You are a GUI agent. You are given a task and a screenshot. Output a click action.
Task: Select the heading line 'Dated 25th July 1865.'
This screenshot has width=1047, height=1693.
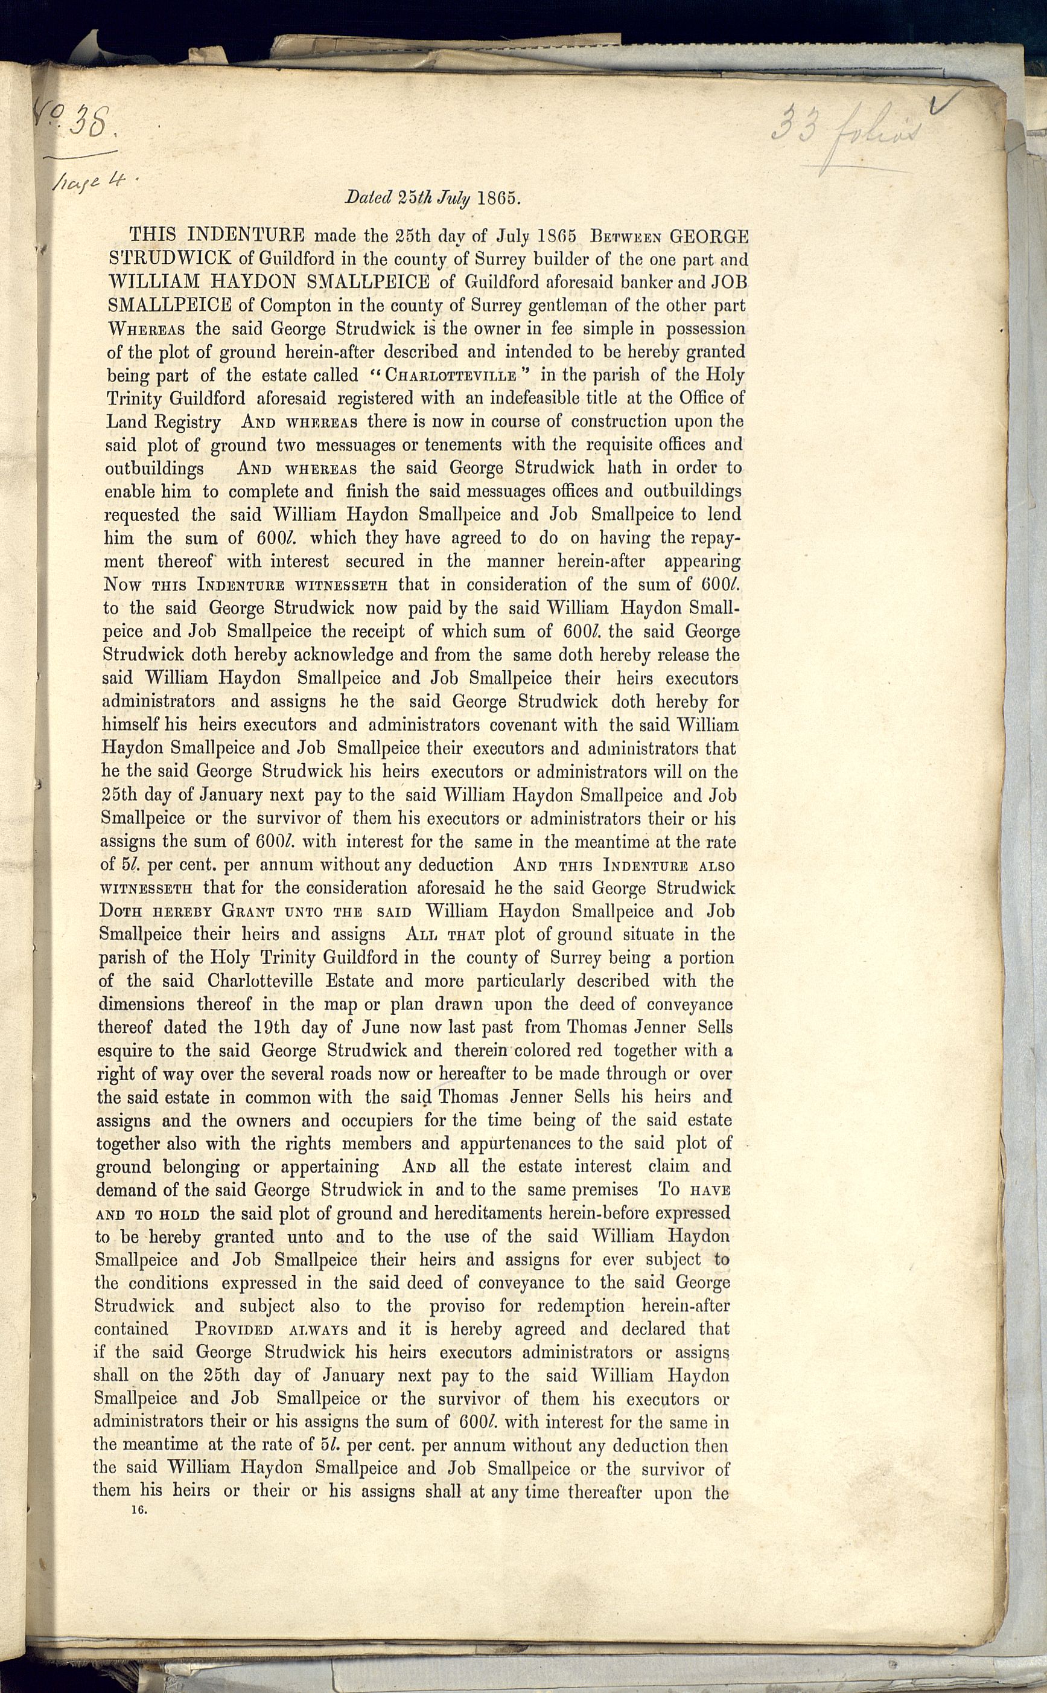click(432, 197)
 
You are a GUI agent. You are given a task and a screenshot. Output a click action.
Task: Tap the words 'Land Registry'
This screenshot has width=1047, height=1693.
click(164, 422)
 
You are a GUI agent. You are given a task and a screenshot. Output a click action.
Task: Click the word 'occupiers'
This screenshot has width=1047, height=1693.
click(380, 1121)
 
